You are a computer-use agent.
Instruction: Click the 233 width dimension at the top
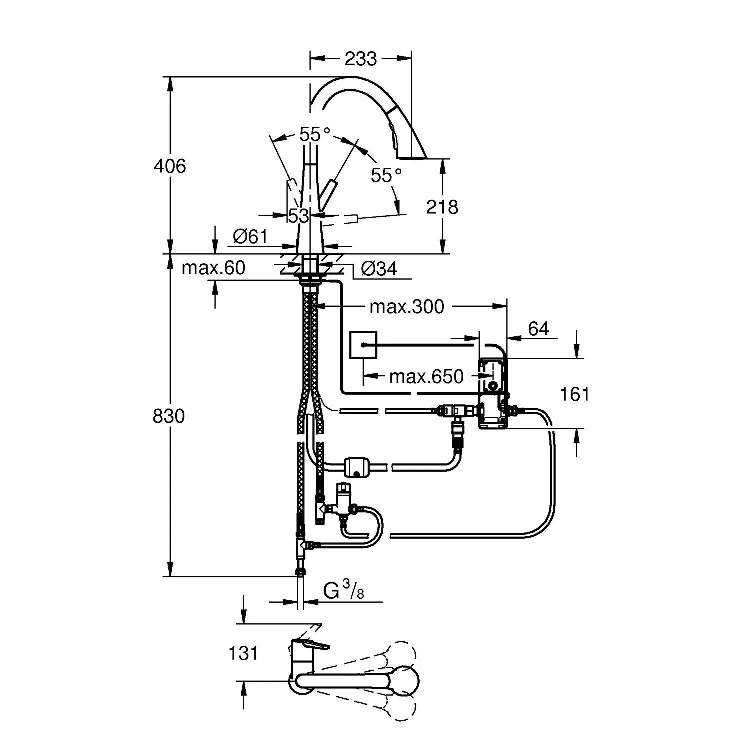360,59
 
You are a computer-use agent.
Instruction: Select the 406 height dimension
170,166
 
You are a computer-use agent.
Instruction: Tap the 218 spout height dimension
442,206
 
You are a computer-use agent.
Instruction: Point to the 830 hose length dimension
169,416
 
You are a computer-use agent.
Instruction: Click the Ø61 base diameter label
250,236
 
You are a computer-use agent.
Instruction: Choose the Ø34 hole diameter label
379,269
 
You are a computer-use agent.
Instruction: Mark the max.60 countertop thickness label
213,268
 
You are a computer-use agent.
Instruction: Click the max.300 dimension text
406,307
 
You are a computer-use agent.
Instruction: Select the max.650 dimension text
426,376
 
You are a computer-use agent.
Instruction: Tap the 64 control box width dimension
538,329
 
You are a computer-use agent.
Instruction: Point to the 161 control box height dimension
574,394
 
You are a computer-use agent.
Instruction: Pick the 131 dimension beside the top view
243,653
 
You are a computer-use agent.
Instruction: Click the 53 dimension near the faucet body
298,216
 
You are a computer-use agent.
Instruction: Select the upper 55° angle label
315,134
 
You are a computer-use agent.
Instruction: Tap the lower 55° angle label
386,175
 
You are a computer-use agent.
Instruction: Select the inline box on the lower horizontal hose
355,468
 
